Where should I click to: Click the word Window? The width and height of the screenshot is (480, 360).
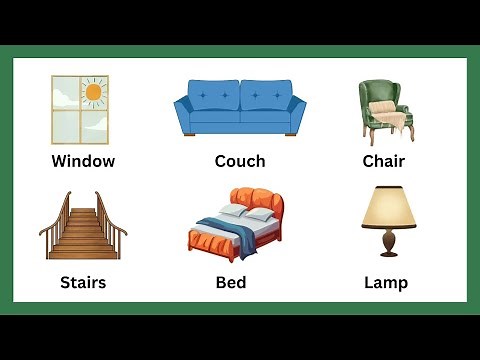tap(83, 161)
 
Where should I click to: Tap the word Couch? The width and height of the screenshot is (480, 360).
tap(240, 161)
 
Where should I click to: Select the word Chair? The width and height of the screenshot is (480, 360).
tap(385, 161)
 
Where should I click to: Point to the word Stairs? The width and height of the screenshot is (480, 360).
tap(82, 282)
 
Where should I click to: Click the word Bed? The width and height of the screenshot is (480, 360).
tap(231, 282)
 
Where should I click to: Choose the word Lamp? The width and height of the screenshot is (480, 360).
tap(386, 282)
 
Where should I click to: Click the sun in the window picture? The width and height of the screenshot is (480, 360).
tap(93, 93)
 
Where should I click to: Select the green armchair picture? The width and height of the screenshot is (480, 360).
tap(385, 110)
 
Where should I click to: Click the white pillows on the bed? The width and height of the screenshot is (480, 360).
tap(248, 213)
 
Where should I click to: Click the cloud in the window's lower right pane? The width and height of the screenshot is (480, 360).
tap(97, 125)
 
